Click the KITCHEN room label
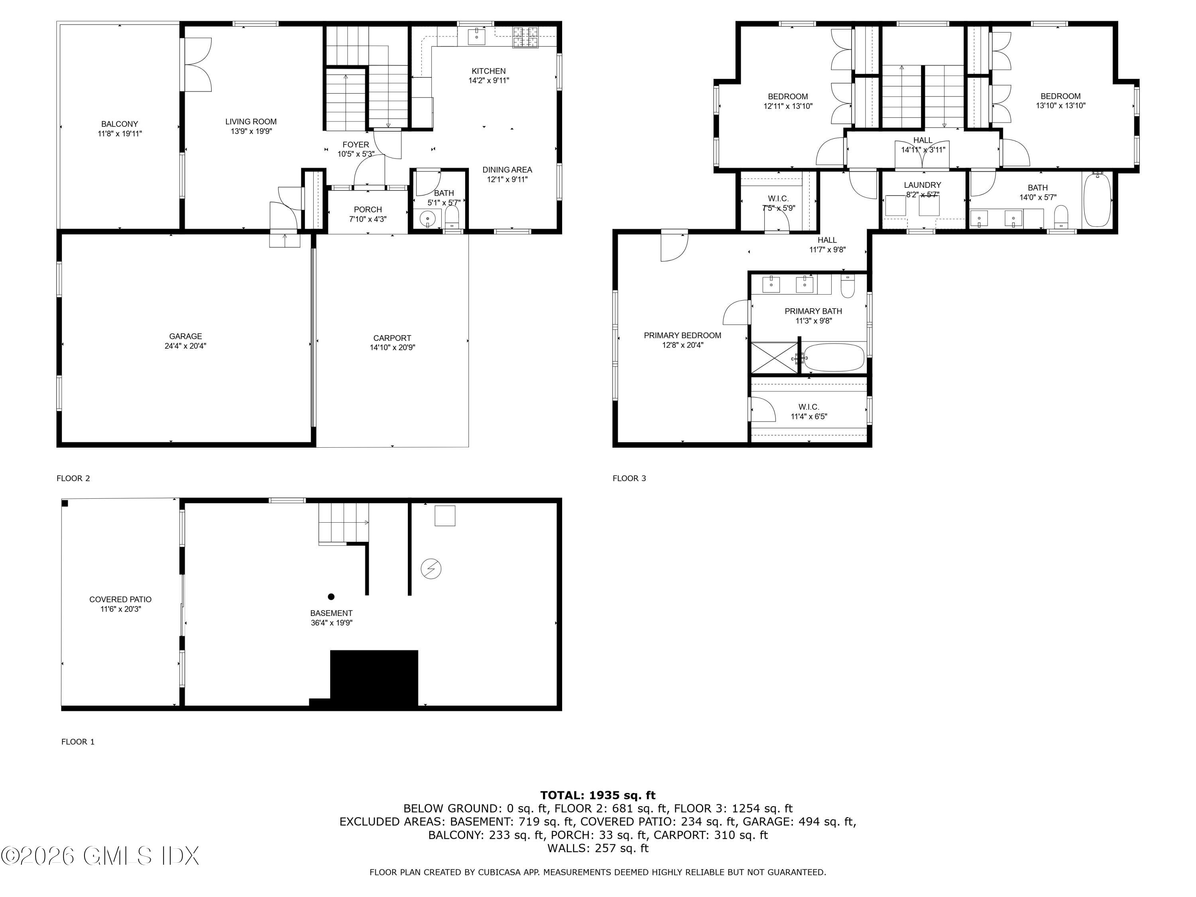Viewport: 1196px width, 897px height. click(488, 71)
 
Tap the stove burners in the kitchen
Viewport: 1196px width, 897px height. click(525, 37)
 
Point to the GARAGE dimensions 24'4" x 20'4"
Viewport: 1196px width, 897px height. click(185, 346)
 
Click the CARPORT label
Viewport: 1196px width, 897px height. click(392, 338)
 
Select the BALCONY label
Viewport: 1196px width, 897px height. click(120, 124)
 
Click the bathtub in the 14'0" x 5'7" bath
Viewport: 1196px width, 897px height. click(1097, 200)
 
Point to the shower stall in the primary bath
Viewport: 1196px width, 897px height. click(774, 357)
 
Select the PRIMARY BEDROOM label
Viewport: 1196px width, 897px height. click(683, 335)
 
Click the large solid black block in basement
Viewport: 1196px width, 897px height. click(374, 678)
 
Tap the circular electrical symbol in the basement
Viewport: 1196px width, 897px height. click(431, 569)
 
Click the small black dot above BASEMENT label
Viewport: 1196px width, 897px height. click(331, 597)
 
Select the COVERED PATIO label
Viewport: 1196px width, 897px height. click(120, 599)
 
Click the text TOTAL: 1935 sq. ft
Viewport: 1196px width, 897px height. click(598, 795)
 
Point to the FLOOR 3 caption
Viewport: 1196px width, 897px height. click(629, 478)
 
